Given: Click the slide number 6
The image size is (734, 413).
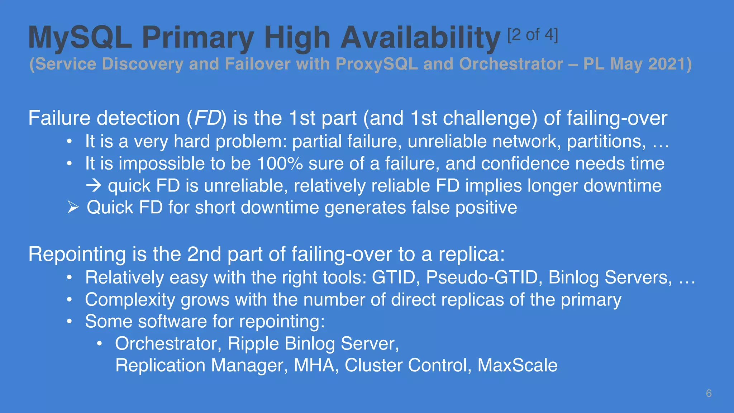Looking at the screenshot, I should point(709,393).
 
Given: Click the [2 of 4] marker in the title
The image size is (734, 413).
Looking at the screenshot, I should point(533,35).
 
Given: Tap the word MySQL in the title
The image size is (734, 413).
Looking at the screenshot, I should point(80,37).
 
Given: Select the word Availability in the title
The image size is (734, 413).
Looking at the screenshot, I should point(420,38).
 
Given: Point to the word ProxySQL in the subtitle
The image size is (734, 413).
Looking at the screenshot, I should point(377,64).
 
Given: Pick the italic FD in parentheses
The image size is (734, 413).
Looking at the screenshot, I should point(207,118).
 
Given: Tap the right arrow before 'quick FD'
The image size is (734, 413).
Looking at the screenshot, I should point(94,186).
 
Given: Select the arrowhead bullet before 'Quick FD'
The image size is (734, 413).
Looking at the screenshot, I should point(73,207).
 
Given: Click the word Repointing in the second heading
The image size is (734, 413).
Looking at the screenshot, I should point(77,254).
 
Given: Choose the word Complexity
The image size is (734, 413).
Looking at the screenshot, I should point(130,300).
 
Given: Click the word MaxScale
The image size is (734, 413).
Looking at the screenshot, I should point(517,365).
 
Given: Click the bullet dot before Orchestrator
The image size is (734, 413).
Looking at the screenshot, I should point(100,344).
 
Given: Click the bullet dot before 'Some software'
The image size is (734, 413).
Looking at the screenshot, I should point(70,321).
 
